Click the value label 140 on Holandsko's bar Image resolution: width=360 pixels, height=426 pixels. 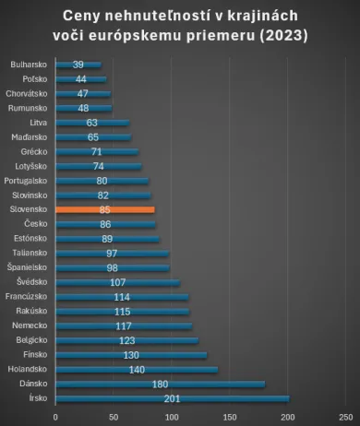137,369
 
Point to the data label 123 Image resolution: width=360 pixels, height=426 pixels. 126,340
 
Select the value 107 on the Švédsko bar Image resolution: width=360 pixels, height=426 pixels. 117,282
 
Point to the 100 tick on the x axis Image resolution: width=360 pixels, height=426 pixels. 172,416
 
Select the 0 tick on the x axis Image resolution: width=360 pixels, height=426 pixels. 55,416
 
